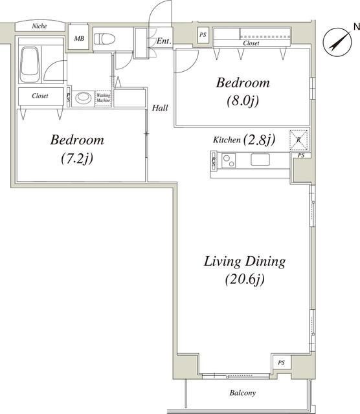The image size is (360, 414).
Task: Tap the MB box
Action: pos(79,39)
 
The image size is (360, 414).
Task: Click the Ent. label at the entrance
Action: pos(164,41)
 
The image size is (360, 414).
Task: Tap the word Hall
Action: pos(160,108)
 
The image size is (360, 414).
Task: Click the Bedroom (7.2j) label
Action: pos(76,148)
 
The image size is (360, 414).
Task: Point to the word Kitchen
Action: pos(227,140)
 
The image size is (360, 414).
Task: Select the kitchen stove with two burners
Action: pos(229,160)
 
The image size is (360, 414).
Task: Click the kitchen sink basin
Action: pos(262,160)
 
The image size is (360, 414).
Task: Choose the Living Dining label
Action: pos(245,262)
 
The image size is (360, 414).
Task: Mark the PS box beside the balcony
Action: pos(281,363)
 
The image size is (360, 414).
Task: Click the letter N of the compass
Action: pos(355,26)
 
